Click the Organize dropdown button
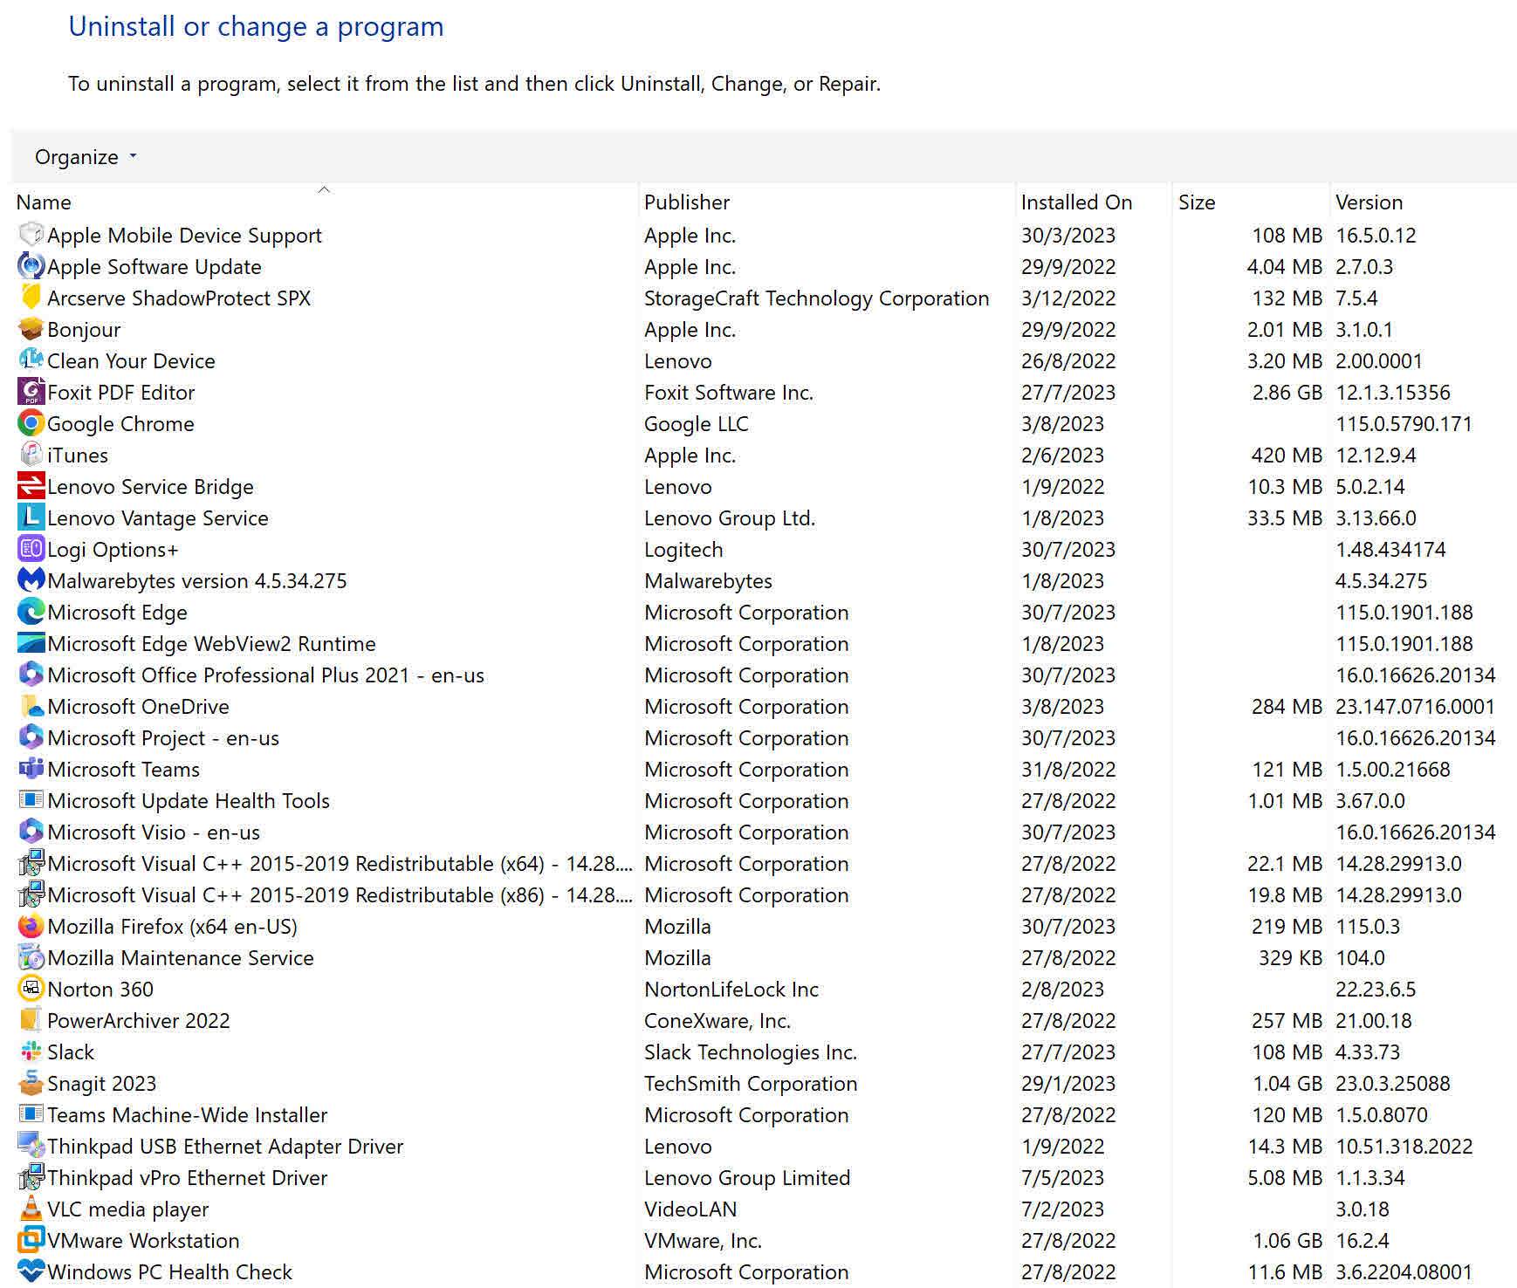click(86, 157)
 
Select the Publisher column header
click(686, 202)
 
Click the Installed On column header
click(1076, 202)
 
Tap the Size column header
click(1196, 202)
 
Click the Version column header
click(1369, 202)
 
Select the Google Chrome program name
click(120, 424)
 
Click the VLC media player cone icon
click(31, 1209)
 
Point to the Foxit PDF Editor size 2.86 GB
click(1287, 393)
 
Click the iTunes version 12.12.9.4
click(1376, 456)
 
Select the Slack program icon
click(31, 1052)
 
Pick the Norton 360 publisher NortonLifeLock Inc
click(731, 990)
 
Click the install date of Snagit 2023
click(1067, 1084)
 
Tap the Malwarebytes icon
click(31, 581)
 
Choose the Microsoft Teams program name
click(123, 770)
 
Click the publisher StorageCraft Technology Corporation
click(816, 298)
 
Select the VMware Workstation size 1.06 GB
click(1287, 1241)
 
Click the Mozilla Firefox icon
click(31, 927)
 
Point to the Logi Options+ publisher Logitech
click(683, 550)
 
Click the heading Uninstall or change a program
click(256, 27)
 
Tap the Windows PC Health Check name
click(169, 1272)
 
